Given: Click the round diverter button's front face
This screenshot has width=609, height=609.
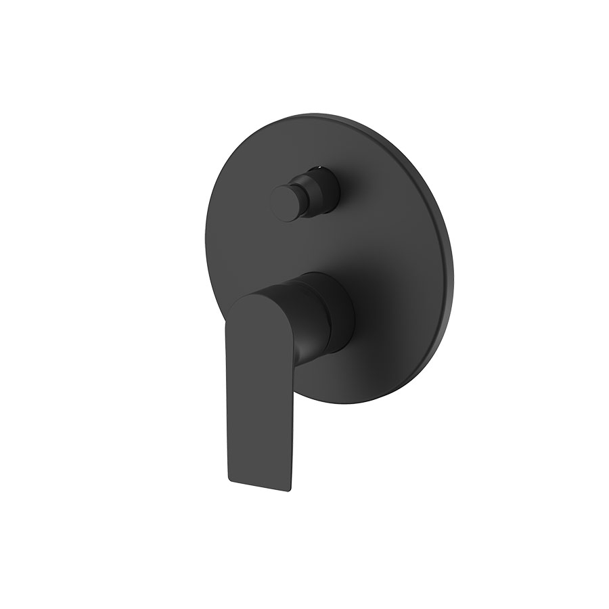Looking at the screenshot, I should pos(285,202).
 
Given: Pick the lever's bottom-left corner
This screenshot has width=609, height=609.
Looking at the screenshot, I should pos(230,481).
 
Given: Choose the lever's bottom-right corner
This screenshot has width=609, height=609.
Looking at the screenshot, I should pos(292,489).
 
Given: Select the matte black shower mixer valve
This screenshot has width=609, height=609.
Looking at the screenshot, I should pos(325,271).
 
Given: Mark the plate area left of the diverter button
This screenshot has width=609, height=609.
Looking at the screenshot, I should pos(237,203).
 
